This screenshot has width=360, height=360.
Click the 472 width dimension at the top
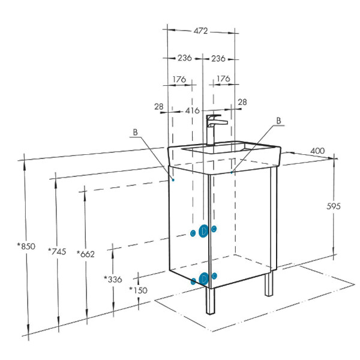point(200,31)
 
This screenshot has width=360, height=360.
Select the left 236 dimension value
point(185,58)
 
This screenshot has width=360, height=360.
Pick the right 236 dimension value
point(218,59)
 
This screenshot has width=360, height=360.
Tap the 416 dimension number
point(193,110)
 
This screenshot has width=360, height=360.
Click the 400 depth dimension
point(317,151)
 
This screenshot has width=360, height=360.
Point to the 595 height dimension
point(334,206)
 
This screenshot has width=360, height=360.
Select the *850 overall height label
point(26,246)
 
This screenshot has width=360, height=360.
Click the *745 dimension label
point(57,251)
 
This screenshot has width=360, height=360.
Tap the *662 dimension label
point(86,254)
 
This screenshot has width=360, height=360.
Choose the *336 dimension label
point(113,279)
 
